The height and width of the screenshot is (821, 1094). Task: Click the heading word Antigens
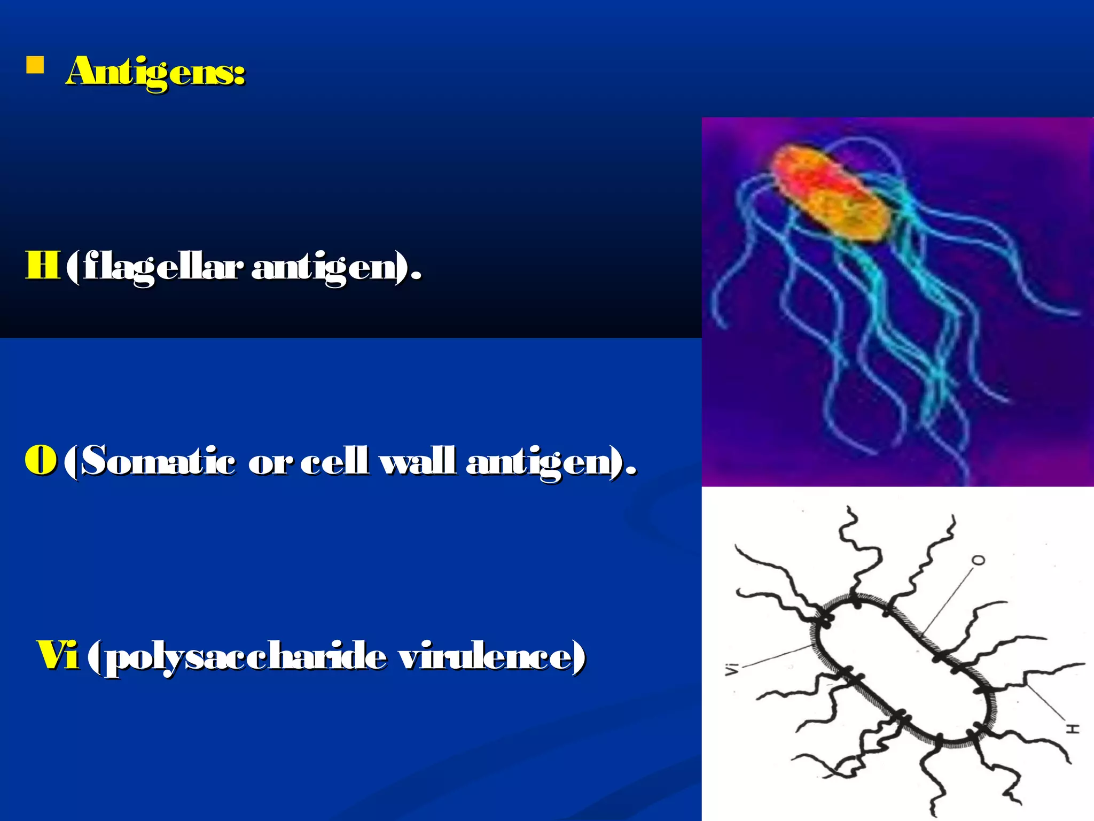coord(155,72)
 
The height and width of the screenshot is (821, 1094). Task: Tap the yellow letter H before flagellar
coord(42,265)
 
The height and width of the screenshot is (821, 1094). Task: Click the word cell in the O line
coord(334,461)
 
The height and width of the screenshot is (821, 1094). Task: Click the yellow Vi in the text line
coord(57,655)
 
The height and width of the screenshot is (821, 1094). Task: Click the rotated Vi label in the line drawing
coord(731,669)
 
